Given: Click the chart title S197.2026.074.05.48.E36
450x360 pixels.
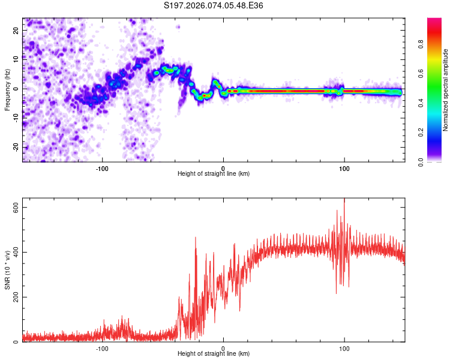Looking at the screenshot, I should (x=214, y=5).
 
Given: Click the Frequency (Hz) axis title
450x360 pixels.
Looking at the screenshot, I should (x=7, y=89).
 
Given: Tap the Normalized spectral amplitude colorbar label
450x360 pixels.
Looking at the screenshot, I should (x=445, y=91).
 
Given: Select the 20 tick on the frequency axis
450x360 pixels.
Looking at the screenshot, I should (x=16, y=29).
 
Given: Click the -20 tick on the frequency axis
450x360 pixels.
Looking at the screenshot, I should (x=15, y=147).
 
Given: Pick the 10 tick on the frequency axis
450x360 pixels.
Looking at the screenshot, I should (x=16, y=59).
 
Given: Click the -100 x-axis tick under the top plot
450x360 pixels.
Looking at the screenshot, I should (x=102, y=168).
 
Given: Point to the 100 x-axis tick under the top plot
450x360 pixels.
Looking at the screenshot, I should (x=344, y=168).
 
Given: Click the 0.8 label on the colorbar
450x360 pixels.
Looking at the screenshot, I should (x=421, y=44).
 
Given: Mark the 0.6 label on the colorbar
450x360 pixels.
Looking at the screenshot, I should (x=421, y=73).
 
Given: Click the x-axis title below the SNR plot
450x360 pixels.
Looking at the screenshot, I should (x=214, y=355).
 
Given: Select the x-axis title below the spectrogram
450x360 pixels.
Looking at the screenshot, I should (x=214, y=174).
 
